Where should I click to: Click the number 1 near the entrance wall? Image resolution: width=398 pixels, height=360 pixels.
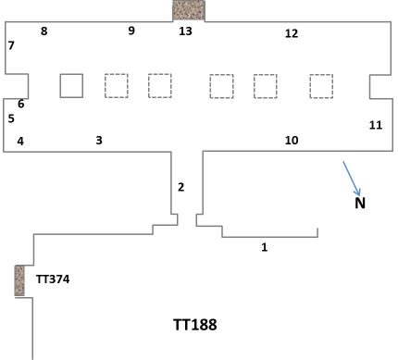pos(265,247)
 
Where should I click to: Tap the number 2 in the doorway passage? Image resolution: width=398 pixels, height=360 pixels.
pos(181,187)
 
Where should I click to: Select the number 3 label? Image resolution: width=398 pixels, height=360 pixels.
pos(99,140)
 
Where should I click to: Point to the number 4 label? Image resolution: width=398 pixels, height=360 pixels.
pos(20,141)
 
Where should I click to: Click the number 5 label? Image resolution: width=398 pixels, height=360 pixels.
pos(11,118)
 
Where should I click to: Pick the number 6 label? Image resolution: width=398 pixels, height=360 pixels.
pos(20,104)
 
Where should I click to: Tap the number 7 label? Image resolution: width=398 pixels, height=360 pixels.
pos(11,45)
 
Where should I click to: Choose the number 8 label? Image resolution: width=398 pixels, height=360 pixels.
pos(44,31)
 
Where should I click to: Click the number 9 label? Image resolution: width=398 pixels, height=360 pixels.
pos(131,31)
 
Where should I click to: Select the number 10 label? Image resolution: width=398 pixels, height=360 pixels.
pos(292,141)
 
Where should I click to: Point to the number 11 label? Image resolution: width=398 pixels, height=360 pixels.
pos(375,125)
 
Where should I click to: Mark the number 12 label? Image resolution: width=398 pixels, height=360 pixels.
pos(292,34)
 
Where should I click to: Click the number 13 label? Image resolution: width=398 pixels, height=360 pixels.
pos(186,31)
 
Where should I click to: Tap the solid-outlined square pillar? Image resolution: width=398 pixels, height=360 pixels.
pos(71,85)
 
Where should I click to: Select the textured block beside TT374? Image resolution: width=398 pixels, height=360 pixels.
pos(19,280)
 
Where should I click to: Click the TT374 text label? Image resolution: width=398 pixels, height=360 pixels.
pos(53,278)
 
